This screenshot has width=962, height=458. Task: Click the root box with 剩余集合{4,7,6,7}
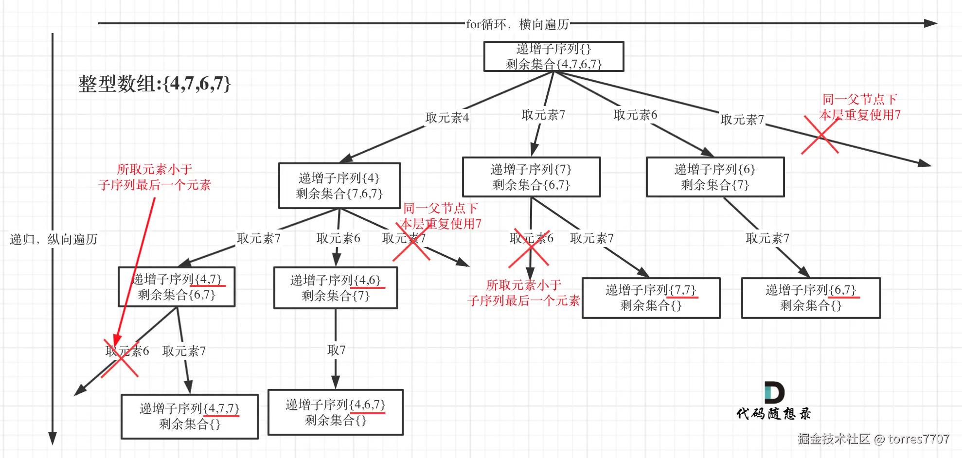click(553, 56)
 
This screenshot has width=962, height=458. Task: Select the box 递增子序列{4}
click(339, 186)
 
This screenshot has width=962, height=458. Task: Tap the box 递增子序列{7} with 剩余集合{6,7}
click(531, 177)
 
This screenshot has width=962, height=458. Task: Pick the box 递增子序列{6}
click(715, 177)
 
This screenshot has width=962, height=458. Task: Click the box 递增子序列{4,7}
click(177, 287)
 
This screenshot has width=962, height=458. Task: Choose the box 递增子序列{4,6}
click(336, 288)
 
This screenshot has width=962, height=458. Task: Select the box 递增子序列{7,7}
click(651, 298)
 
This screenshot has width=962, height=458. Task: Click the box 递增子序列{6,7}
click(811, 298)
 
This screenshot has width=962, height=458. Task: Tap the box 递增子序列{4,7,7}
click(190, 416)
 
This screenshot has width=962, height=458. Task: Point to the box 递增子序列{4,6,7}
click(336, 412)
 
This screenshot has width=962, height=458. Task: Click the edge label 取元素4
click(447, 118)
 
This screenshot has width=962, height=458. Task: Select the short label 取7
click(336, 350)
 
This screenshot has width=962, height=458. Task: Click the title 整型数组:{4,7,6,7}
click(154, 84)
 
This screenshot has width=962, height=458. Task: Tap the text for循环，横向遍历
click(517, 24)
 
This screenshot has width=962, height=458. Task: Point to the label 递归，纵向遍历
click(53, 239)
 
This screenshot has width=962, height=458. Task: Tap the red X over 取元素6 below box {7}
click(529, 248)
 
